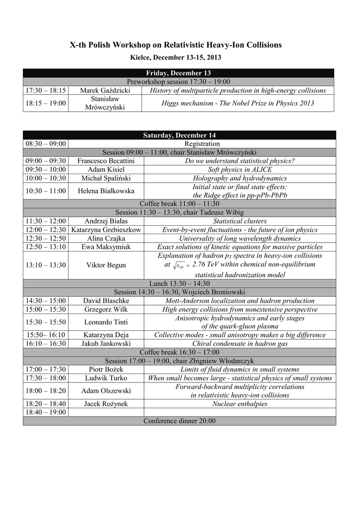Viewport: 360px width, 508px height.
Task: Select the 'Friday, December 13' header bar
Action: click(179, 73)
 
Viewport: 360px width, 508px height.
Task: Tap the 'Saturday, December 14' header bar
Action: click(179, 135)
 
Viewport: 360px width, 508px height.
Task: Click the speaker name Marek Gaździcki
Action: click(105, 90)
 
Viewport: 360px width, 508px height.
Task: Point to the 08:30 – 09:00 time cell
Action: click(45, 144)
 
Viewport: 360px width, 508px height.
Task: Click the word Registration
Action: click(202, 144)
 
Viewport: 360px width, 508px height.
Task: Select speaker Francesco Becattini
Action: click(105, 161)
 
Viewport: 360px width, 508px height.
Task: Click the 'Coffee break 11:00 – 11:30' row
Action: click(179, 204)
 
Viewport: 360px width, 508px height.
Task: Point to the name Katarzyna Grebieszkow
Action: click(106, 230)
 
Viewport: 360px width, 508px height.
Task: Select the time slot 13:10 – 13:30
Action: click(45, 265)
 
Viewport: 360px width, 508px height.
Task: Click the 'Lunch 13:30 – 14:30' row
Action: click(179, 283)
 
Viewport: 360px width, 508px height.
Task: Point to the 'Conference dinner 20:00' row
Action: click(179, 421)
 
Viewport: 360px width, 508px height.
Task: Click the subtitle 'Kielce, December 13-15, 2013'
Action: click(175, 58)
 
